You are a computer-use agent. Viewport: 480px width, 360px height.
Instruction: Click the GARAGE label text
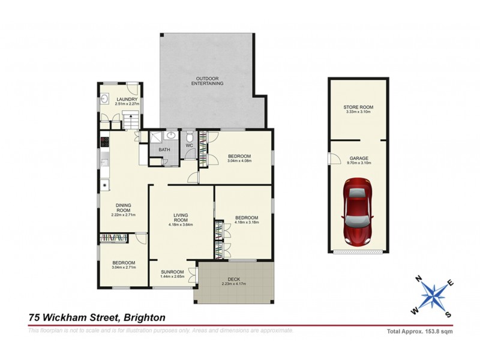tap(359, 158)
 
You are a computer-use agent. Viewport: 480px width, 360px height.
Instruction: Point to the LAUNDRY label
tap(128, 100)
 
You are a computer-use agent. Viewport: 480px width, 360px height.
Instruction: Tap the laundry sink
tap(104, 99)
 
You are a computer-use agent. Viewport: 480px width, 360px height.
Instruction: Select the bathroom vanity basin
tap(170, 136)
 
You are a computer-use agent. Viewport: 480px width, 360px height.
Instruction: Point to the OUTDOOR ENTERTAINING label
tap(207, 81)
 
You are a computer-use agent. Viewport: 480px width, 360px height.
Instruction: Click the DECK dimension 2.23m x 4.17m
tap(234, 284)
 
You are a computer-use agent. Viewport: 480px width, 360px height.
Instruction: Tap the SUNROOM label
tap(171, 272)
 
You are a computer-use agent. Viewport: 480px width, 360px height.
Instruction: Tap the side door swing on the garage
tap(332, 159)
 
